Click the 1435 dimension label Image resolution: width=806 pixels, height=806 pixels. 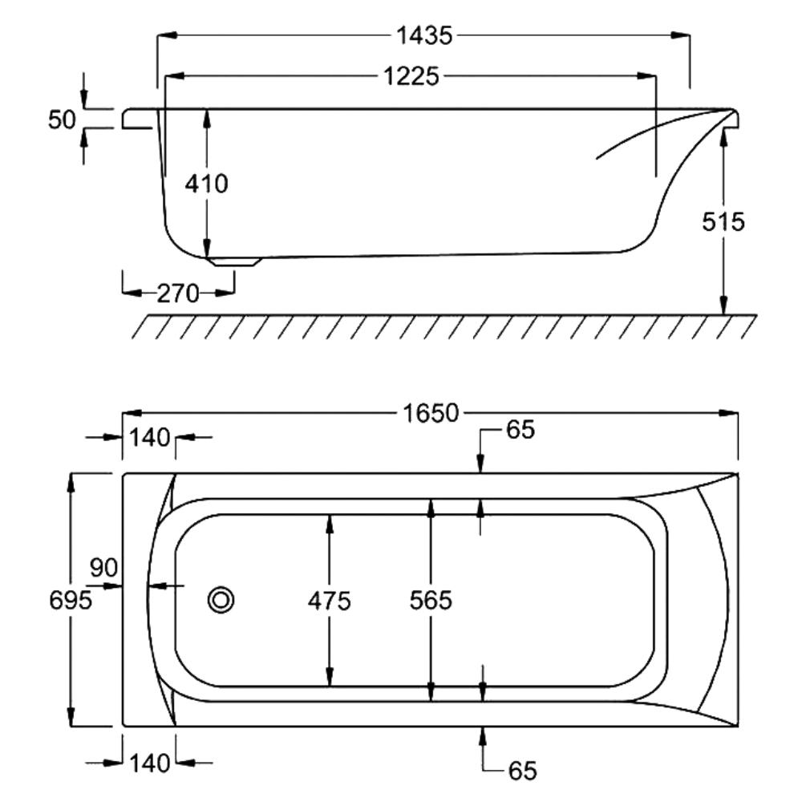[x=424, y=36]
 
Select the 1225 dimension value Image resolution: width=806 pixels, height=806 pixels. [x=411, y=77]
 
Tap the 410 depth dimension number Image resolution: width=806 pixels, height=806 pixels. [x=207, y=184]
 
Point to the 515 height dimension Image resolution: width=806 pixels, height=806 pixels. [x=723, y=222]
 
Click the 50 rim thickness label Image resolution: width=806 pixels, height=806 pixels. [x=62, y=119]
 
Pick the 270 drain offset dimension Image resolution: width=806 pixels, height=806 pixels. [x=178, y=294]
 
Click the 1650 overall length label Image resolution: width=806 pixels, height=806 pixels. [x=431, y=413]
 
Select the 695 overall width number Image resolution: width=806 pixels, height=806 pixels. [x=71, y=600]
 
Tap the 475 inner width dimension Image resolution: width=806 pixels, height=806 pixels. [x=330, y=601]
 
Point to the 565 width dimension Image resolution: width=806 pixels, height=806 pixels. [x=431, y=600]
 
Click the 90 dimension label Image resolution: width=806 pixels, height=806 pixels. [x=103, y=568]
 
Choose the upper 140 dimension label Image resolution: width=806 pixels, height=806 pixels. [x=149, y=438]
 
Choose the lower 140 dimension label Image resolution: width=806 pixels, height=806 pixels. [x=150, y=763]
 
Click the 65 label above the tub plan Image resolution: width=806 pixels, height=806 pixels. [x=520, y=430]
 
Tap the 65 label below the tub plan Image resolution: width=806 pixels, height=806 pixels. [x=523, y=771]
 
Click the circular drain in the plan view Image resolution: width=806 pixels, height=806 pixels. [x=221, y=600]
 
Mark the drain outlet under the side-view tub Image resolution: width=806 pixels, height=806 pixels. [x=234, y=261]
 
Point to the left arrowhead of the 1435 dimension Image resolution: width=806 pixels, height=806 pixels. [x=167, y=35]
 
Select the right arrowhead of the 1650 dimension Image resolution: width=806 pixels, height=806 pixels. [x=728, y=413]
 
